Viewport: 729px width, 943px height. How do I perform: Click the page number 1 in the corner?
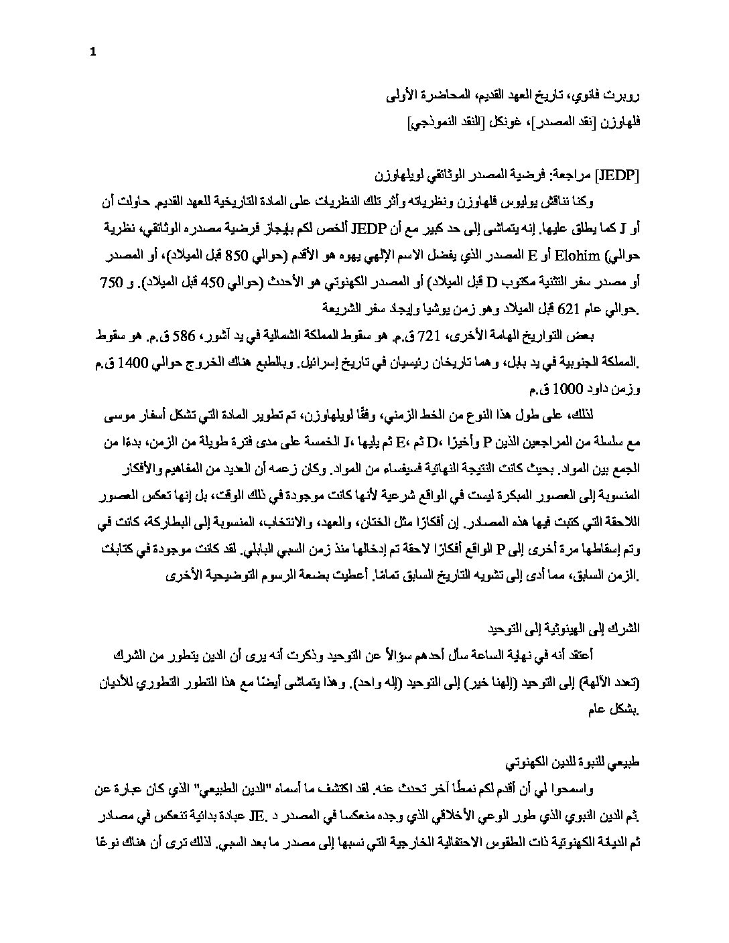coord(92,53)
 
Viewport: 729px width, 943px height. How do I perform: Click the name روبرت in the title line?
coord(626,98)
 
